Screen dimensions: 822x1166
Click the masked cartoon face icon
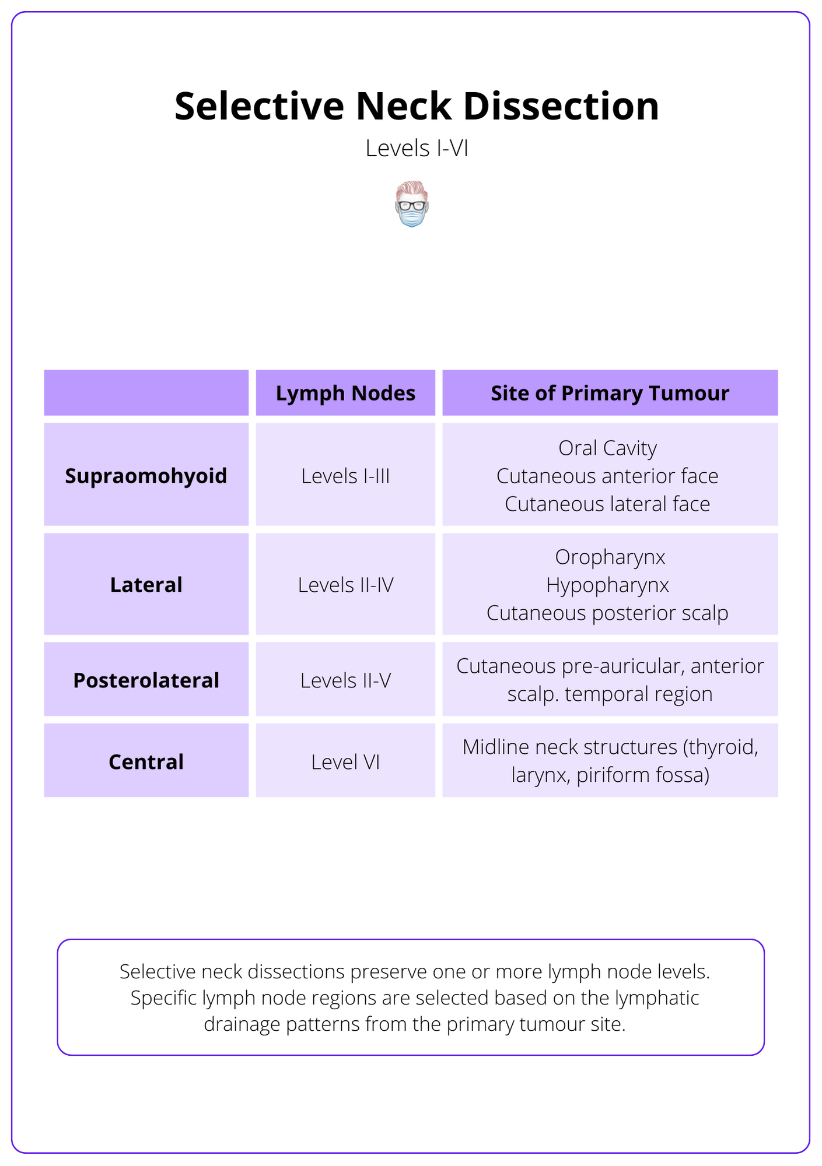click(x=412, y=204)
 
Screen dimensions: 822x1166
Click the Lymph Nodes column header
click(x=345, y=393)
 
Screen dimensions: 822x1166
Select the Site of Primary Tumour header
click(x=610, y=393)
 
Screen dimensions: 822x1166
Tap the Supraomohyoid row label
click(x=146, y=476)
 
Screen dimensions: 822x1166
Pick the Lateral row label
click(x=146, y=585)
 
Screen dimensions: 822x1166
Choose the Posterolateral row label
click(x=146, y=680)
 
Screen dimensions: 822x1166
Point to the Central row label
click(x=146, y=762)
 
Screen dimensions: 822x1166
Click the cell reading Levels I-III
click(x=345, y=476)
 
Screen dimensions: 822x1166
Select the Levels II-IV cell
click(x=345, y=585)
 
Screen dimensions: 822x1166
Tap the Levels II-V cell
click(x=345, y=680)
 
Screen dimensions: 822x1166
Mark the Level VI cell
click(x=345, y=762)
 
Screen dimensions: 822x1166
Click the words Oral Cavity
click(x=607, y=448)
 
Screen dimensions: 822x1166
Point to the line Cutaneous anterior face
click(x=607, y=476)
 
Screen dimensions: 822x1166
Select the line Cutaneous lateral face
click(x=607, y=504)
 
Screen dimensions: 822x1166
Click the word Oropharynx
click(x=610, y=557)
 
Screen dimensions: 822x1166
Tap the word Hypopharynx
click(x=607, y=585)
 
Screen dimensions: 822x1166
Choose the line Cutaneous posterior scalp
click(x=607, y=613)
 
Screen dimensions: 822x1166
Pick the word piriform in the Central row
click(x=604, y=775)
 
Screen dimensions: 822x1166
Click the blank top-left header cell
click(x=146, y=393)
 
